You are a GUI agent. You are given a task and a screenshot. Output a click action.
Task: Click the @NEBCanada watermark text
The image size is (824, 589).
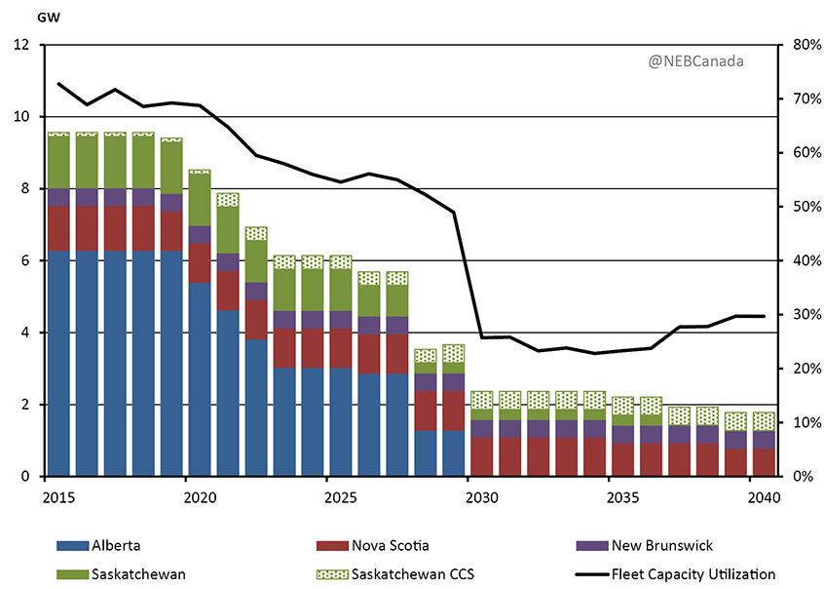point(695,60)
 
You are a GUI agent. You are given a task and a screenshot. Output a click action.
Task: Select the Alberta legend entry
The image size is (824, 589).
point(121,546)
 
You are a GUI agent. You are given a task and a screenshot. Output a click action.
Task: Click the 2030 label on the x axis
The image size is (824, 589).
point(481,494)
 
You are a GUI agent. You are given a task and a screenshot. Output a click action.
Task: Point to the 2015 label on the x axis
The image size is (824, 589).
point(59,494)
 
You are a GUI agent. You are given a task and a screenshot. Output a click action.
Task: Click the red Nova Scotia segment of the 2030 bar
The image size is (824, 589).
point(481,456)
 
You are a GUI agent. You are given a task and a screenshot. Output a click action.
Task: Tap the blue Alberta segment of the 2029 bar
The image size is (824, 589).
point(453,452)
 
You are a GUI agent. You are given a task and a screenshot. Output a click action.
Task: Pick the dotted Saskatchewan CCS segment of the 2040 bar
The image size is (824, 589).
point(763,420)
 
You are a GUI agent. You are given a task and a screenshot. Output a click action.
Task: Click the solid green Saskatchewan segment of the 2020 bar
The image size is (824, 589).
point(200,200)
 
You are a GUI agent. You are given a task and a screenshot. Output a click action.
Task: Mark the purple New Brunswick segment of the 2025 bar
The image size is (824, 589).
point(340,320)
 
